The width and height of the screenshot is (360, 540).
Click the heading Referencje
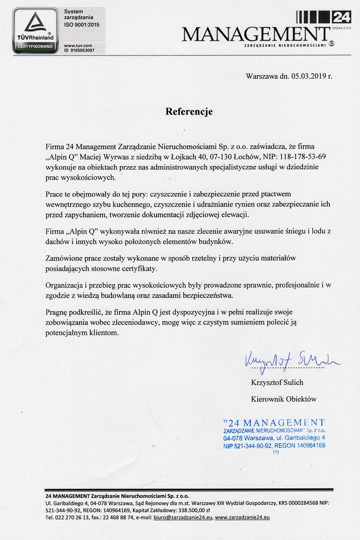(189, 112)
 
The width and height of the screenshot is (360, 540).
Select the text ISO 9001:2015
(81, 25)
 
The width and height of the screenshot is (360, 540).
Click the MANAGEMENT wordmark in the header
(256, 35)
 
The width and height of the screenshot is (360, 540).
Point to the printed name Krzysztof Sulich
(277, 382)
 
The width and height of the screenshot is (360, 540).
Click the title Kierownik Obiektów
(284, 399)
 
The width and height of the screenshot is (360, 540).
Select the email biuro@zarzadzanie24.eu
(183, 518)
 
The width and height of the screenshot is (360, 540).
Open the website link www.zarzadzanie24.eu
(242, 518)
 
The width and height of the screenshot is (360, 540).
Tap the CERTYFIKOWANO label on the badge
(33, 46)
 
